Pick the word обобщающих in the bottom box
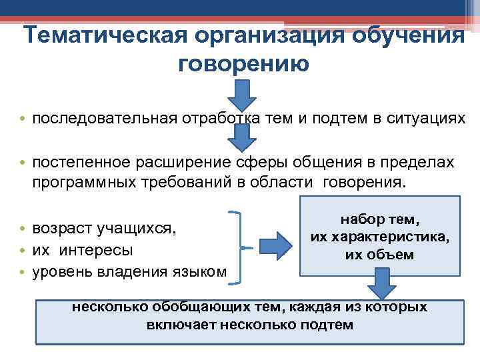pos(189,307)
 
